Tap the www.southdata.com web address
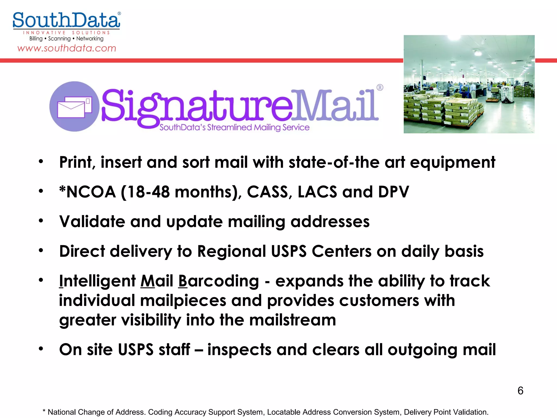(67, 48)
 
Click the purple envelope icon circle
(74, 106)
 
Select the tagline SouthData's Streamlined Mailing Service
(234, 127)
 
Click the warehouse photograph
(469, 84)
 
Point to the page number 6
(520, 391)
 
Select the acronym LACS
(317, 192)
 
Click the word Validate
(92, 222)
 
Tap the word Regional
(231, 251)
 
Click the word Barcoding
(218, 281)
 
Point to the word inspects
(239, 350)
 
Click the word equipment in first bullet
(453, 163)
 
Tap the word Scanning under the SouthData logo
(59, 39)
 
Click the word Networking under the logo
(90, 39)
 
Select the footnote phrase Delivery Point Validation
(446, 412)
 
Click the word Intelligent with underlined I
(97, 281)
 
